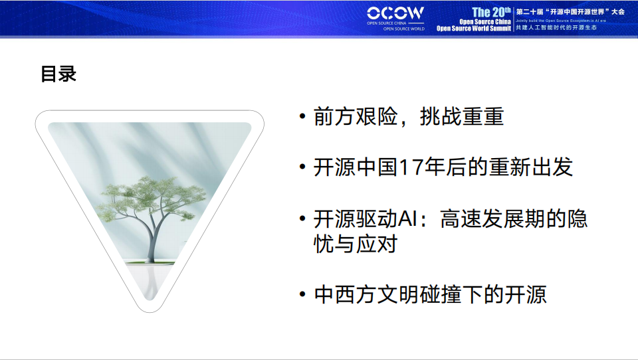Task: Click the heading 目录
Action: point(58,74)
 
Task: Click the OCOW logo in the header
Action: point(395,13)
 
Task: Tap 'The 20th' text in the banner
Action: point(491,12)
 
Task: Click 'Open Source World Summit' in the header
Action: point(473,29)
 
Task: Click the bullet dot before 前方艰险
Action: point(303,118)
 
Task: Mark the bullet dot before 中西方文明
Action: point(303,294)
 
